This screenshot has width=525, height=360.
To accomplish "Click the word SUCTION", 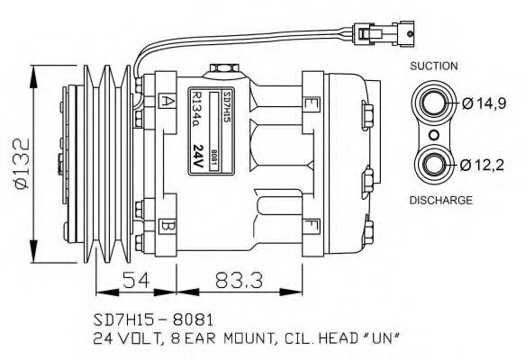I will (x=434, y=66).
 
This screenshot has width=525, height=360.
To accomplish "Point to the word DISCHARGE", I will (x=441, y=200).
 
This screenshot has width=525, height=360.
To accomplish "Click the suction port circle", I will (x=434, y=103).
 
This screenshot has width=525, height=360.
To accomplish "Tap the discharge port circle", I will (x=434, y=164).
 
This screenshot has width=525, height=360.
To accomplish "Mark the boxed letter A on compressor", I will (x=167, y=101).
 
